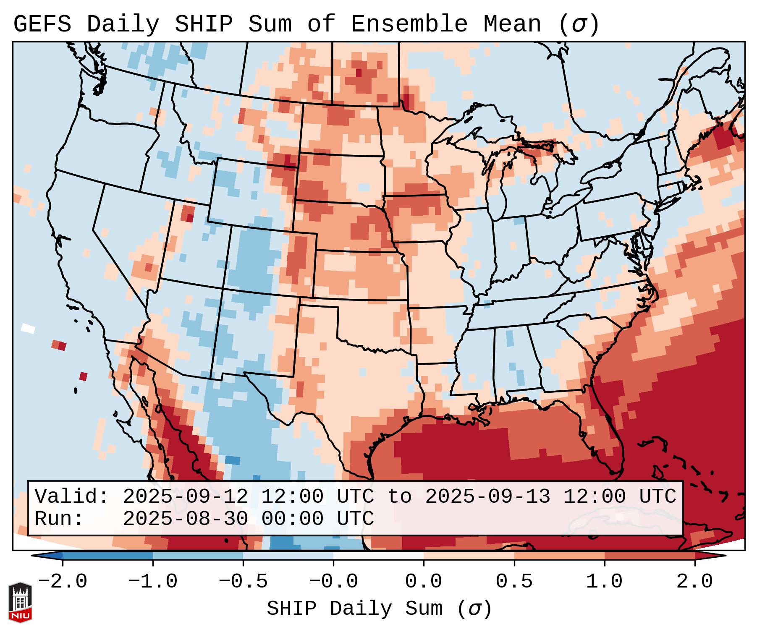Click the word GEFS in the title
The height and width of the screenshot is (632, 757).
coord(42,24)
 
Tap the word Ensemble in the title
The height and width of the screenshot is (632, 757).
coord(409,24)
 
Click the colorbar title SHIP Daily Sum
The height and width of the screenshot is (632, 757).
coord(379,608)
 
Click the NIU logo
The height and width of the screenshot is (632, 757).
coord(20,602)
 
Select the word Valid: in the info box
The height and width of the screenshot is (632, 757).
coord(72,497)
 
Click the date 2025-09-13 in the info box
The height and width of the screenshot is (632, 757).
coord(487,497)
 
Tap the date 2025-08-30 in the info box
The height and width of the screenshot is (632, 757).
coord(185,519)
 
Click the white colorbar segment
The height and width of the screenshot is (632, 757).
coord(378,556)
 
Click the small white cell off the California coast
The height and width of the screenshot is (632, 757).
coord(28,328)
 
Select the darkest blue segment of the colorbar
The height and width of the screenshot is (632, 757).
coord(107,556)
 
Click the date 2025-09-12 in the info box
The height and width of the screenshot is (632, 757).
coord(185,497)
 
